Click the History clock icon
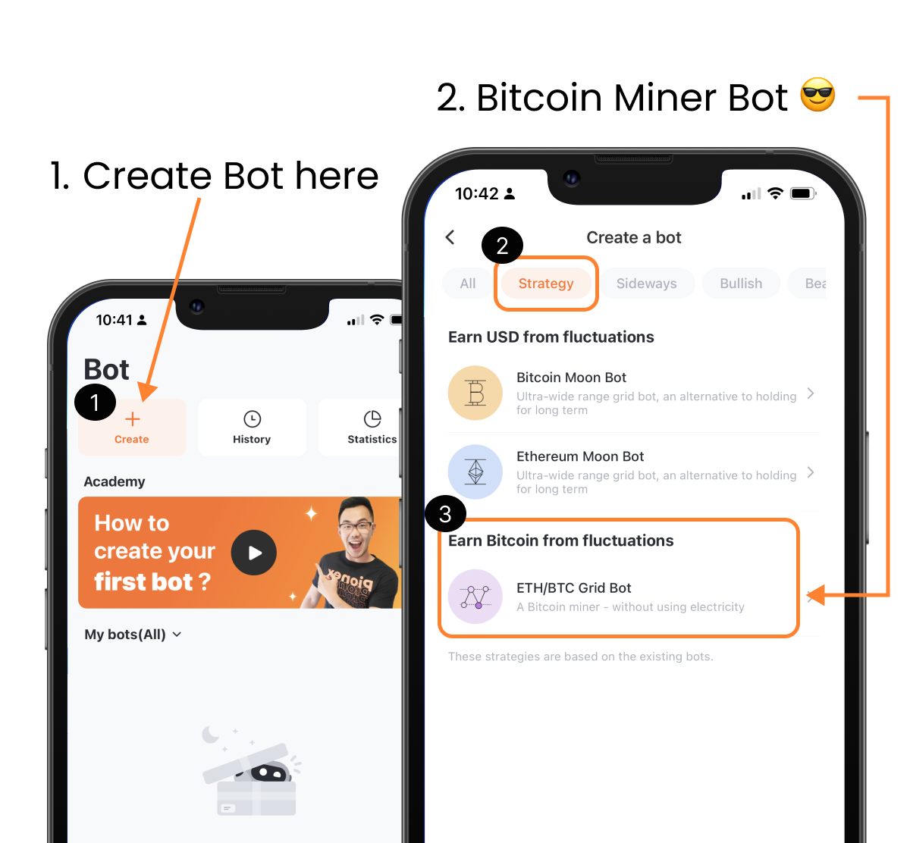(x=252, y=419)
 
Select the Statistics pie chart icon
(x=372, y=419)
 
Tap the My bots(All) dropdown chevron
(x=177, y=635)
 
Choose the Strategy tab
(x=546, y=284)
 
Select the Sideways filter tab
(x=646, y=284)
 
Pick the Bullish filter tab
(x=741, y=284)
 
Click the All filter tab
(x=468, y=284)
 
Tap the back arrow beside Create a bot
(x=450, y=237)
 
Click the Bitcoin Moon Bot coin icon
(x=475, y=393)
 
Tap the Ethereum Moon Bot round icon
(x=475, y=472)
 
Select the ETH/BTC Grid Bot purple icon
(x=475, y=597)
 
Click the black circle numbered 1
(x=95, y=402)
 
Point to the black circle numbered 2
(x=502, y=246)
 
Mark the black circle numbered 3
(x=445, y=514)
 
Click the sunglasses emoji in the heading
(x=817, y=96)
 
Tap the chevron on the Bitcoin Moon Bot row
(x=811, y=393)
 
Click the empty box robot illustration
(x=250, y=777)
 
